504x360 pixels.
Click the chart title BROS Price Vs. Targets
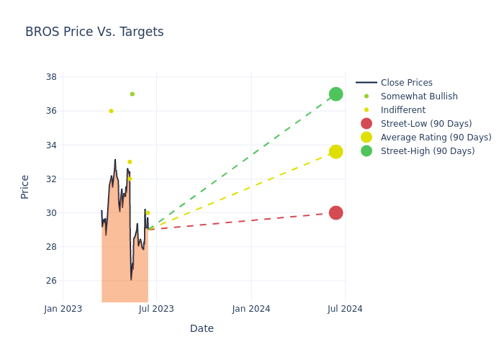pos(94,32)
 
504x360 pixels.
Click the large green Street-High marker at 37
pos(336,94)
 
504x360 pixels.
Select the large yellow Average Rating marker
pos(336,151)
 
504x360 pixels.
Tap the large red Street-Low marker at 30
pos(336,212)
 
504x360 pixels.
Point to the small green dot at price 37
pos(132,94)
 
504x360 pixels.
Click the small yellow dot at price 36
pos(111,111)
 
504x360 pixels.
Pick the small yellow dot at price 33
pos(130,162)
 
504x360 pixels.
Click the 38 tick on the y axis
pos(52,77)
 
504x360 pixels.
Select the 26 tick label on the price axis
pos(52,281)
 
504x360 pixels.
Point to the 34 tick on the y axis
pos(52,145)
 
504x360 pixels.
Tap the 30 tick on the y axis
pos(52,213)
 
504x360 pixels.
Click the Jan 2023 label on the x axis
pos(63,309)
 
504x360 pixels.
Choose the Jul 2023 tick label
pos(156,309)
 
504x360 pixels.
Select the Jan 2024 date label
pos(251,309)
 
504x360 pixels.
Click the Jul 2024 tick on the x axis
pos(345,309)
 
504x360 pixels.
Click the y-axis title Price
pos(25,186)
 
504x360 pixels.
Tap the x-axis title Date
pos(202,329)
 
